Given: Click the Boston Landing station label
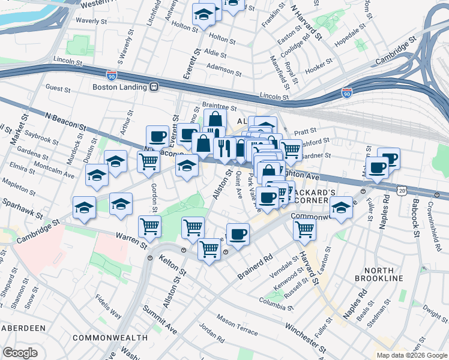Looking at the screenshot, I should coord(119,87).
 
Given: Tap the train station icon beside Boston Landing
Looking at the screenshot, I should coord(154,87).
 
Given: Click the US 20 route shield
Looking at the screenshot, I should coord(401,190).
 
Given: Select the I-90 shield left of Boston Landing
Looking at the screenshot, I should coord(112,75).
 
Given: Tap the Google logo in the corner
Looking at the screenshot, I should coord(20,352).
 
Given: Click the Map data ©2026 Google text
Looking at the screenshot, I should coord(412,355).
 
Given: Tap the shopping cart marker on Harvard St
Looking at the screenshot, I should coord(305,229).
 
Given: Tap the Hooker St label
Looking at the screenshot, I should coord(318,70).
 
